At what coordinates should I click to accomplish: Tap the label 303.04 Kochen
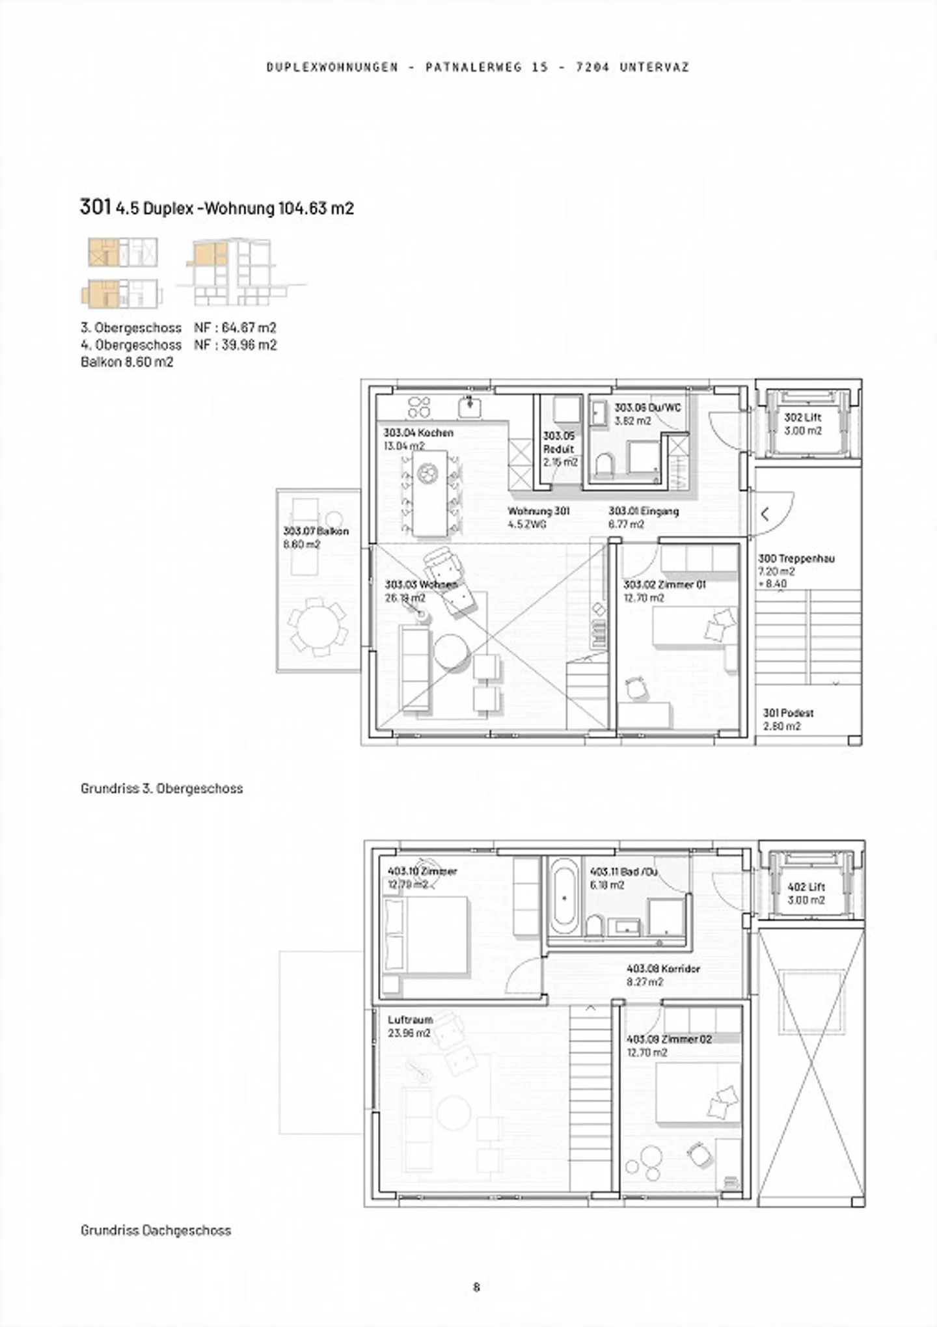pos(418,433)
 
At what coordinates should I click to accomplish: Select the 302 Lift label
pos(803,418)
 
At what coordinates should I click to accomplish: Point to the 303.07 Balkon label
pos(316,531)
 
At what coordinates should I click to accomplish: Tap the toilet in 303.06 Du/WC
pos(604,465)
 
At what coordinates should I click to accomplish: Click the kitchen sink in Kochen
pos(469,407)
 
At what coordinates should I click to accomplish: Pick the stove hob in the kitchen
pos(418,407)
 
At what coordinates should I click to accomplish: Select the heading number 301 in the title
pos(95,207)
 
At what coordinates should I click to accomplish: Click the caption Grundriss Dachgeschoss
pos(156,1230)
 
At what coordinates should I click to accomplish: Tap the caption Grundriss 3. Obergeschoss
pos(161,788)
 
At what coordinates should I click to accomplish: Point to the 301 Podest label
pos(788,713)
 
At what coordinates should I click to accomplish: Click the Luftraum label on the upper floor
pos(410,1020)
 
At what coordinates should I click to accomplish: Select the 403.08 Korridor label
pos(663,968)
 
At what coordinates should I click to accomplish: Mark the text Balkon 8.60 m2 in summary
pos(127,362)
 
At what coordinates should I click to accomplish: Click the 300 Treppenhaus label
pos(796,558)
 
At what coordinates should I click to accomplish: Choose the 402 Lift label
pos(806,886)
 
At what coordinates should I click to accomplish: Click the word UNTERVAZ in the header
pos(654,67)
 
